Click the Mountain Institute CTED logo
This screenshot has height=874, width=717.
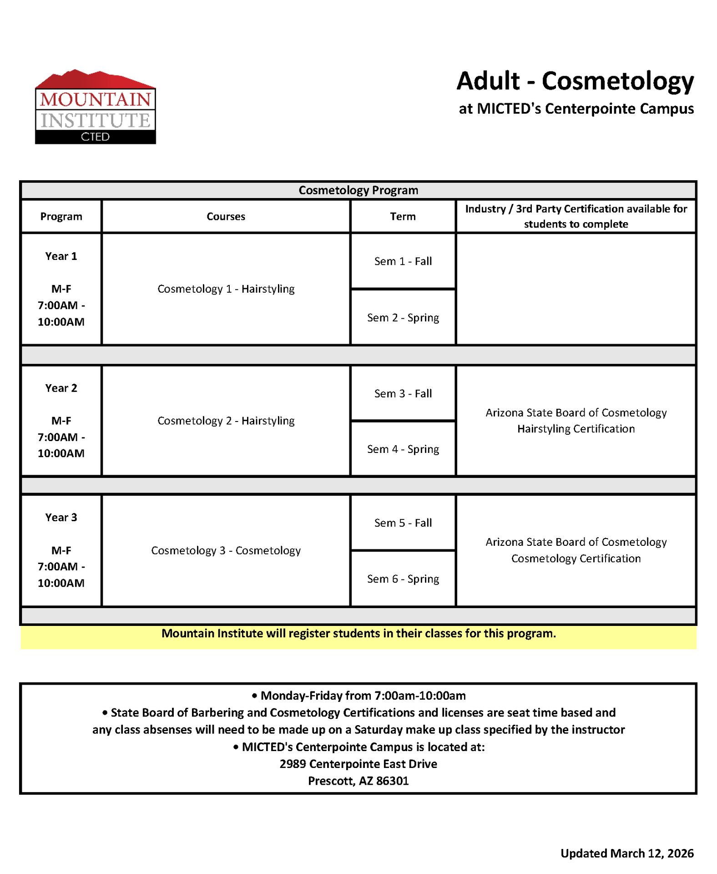pos(95,107)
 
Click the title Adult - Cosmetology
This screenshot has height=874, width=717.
pos(575,81)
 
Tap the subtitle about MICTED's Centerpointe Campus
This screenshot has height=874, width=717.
pos(576,109)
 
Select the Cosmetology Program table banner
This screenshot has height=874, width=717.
pos(358,190)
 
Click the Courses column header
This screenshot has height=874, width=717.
pos(226,217)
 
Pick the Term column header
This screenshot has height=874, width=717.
pos(403,217)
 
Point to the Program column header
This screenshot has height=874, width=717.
pos(61,217)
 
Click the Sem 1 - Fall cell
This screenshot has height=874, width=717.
pos(403,261)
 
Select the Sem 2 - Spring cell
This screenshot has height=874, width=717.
pos(403,318)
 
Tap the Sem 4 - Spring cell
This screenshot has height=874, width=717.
pos(403,449)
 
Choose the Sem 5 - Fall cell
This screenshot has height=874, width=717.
pos(403,523)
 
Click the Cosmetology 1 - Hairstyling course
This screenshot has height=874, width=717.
pos(226,289)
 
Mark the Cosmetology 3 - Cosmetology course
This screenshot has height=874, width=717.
pos(226,551)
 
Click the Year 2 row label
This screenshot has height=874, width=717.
pos(61,388)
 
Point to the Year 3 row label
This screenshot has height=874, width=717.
pos(61,518)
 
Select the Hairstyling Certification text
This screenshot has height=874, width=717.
pos(576,429)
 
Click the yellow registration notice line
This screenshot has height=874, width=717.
pos(358,634)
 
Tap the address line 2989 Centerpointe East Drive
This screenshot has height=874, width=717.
pos(358,764)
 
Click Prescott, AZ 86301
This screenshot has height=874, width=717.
pos(358,781)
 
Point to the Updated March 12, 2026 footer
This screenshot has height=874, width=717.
pos(626,853)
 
